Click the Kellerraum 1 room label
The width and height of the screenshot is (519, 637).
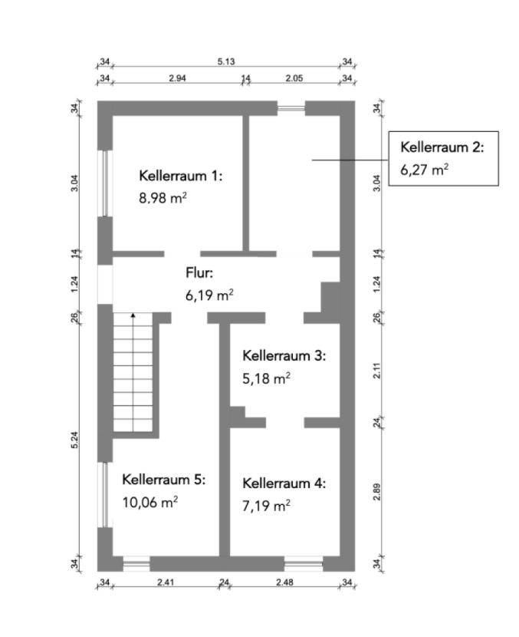[180, 176]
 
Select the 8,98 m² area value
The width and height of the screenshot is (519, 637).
[163, 198]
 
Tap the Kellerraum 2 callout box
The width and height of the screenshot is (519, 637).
[443, 158]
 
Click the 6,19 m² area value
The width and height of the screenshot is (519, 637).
[209, 294]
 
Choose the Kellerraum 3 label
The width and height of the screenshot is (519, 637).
[284, 356]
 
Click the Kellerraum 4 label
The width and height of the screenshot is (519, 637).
[284, 484]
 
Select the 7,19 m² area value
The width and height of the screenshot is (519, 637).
[266, 506]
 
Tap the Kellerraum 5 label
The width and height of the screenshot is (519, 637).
[164, 480]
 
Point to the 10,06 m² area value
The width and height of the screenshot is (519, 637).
[150, 502]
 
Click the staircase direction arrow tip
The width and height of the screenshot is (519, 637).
[133, 315]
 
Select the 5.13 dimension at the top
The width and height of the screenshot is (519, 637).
[226, 62]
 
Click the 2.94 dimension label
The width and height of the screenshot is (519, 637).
[178, 78]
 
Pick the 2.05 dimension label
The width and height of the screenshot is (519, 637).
[294, 78]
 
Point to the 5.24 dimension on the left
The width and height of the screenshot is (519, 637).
[75, 441]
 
